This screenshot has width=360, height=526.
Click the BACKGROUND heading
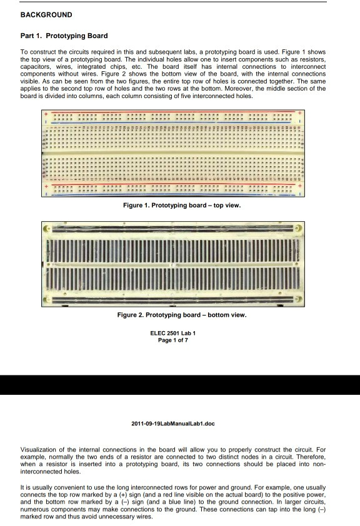coord(46,15)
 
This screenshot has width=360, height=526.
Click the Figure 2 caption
coord(182,315)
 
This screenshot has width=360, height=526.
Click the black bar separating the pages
coord(180,385)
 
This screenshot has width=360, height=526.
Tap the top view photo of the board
coord(173,153)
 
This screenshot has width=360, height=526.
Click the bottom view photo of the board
coord(173,264)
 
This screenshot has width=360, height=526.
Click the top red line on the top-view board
coord(173,114)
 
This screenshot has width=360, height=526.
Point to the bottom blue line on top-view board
coord(173,194)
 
